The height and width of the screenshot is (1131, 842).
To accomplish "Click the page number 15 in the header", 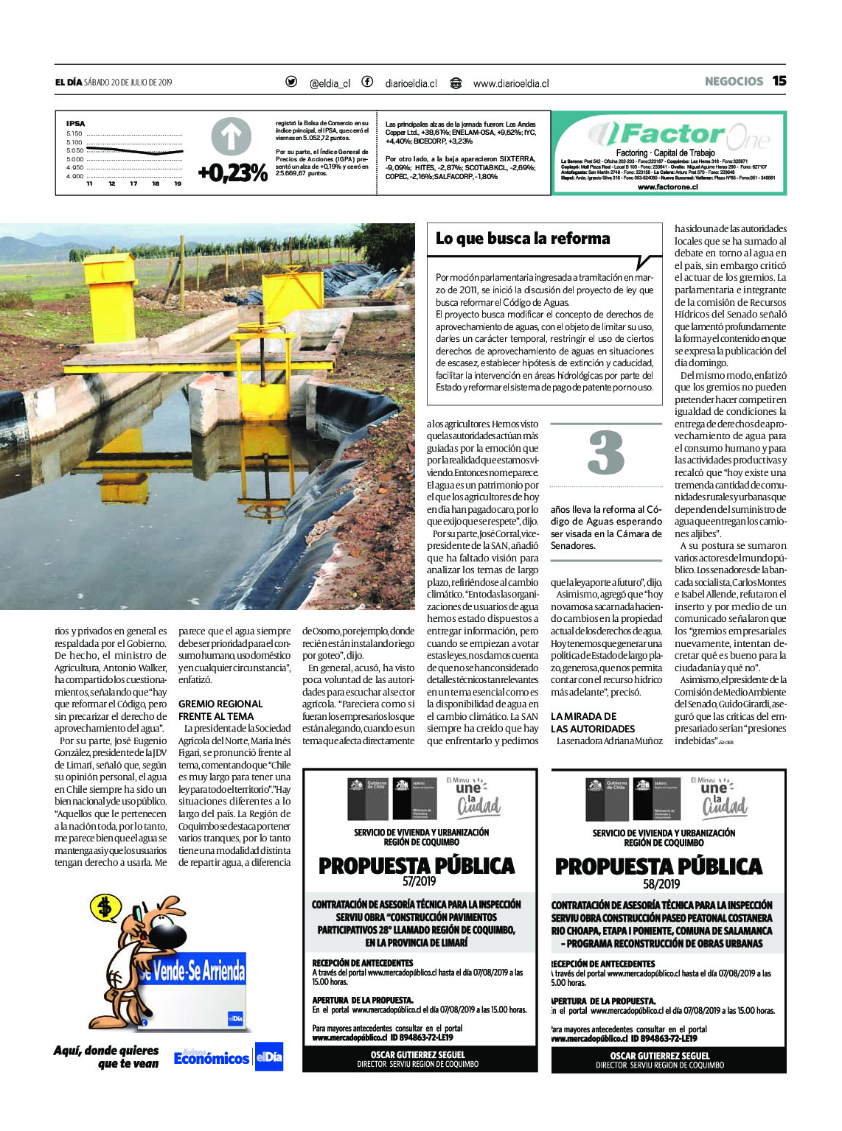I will pos(779,81).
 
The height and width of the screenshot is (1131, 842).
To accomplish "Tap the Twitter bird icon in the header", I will pos(291,82).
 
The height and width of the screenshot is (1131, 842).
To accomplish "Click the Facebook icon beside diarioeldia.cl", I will pos(367,82).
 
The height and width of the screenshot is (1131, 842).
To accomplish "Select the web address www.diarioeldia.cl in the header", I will pos(511,83).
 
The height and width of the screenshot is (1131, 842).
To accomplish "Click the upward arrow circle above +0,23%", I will pos(232,138).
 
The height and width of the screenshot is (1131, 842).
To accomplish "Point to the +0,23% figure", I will pos(232,173).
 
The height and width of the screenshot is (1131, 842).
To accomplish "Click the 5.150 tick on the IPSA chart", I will pos(74,133).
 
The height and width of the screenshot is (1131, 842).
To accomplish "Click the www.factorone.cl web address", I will pos(667,187).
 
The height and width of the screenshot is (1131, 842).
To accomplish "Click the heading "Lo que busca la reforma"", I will pos(523,239).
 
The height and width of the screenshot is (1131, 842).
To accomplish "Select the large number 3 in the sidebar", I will pos(606,453).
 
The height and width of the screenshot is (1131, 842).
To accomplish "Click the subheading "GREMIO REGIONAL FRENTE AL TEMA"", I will pos(220,710).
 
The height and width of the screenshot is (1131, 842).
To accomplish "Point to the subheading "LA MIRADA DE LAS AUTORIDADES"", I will pos(593,722).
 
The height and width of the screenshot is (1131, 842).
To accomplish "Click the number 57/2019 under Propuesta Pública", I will pos(419,881).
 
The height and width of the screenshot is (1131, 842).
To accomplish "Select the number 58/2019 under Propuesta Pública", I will pos(661,883).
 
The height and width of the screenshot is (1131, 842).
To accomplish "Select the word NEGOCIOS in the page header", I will pos(734,82).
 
